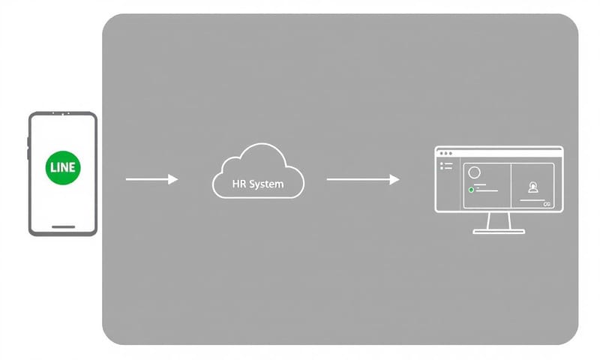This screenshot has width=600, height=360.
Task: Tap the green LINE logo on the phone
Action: [x=62, y=167]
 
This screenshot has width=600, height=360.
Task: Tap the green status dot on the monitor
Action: [x=470, y=190]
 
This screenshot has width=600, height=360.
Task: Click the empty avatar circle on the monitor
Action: [x=474, y=172]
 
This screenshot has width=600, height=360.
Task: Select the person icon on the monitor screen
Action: [x=533, y=187]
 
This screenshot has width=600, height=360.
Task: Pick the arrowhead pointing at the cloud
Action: [x=173, y=179]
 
